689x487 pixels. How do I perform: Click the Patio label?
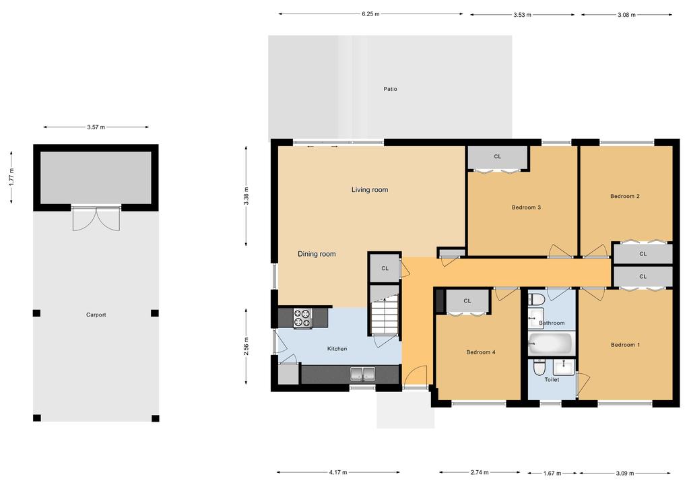click(x=390, y=89)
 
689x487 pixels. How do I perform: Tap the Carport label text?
click(x=96, y=315)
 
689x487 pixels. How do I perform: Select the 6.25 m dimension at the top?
click(x=370, y=13)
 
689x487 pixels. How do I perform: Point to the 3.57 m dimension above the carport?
click(x=96, y=127)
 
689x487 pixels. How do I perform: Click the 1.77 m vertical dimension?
click(x=11, y=176)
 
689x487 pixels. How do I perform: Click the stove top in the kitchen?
click(x=302, y=318)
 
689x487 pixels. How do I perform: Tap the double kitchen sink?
click(x=362, y=373)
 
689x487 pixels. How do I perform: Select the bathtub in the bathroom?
click(x=550, y=344)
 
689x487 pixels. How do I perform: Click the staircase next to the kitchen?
click(x=384, y=317)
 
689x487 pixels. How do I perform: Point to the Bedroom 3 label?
click(x=526, y=207)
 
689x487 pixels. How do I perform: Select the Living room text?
click(x=370, y=190)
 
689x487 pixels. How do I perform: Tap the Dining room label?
click(x=317, y=254)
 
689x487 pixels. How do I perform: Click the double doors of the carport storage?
click(x=96, y=218)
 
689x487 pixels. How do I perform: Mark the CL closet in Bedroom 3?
click(x=497, y=157)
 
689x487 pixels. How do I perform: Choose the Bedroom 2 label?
click(x=624, y=197)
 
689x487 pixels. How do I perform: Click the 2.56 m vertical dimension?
click(x=247, y=346)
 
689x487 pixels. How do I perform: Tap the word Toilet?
click(x=552, y=380)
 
